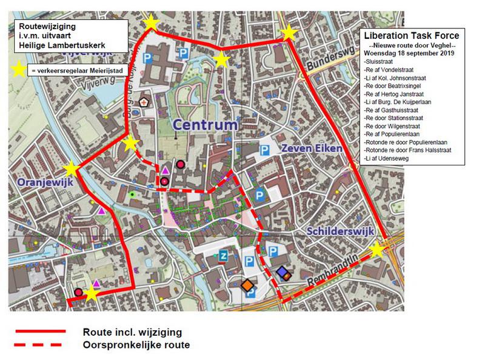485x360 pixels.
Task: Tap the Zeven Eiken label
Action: click(312, 148)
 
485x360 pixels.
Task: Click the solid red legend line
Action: click(41, 332)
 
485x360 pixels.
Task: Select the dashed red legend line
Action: click(41, 345)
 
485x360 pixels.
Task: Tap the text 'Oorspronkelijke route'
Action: click(136, 345)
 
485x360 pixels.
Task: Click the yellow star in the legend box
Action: click(20, 70)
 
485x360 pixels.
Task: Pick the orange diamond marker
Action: click(247, 284)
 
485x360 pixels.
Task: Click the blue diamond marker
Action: click(281, 272)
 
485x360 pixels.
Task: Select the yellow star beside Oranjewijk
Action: click(72, 169)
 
